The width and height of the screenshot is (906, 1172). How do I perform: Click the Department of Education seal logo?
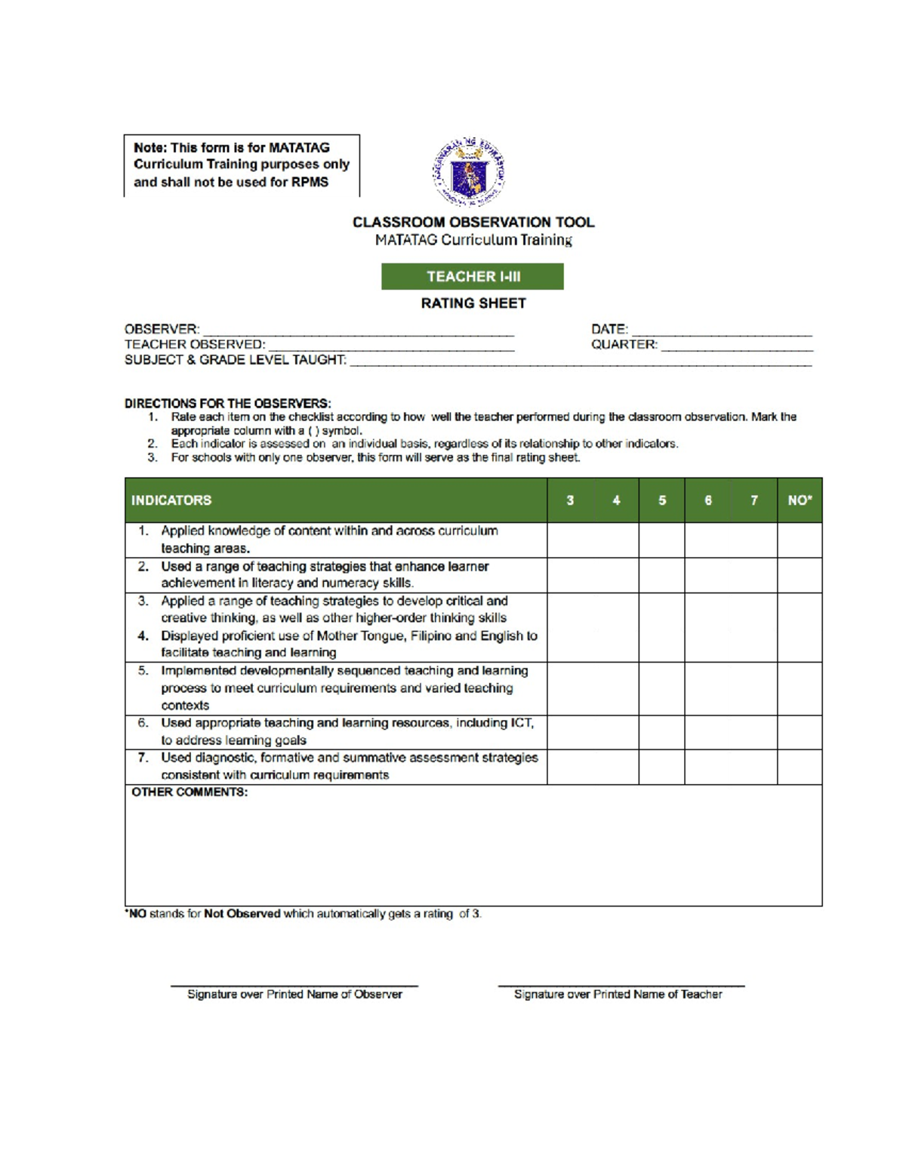point(469,172)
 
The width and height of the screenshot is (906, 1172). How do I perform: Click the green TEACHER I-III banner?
point(473,276)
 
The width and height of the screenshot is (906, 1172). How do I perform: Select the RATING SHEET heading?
point(473,303)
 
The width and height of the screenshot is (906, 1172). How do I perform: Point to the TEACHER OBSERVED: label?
point(195,344)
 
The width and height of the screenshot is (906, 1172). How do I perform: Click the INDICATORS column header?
point(171,500)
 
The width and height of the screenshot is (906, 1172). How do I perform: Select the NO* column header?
point(800,500)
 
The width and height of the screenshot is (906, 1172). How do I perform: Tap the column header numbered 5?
point(662,500)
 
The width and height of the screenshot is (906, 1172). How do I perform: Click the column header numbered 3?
point(570,500)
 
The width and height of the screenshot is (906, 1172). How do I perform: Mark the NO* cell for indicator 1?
point(800,540)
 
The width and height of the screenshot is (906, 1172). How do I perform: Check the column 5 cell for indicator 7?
point(662,767)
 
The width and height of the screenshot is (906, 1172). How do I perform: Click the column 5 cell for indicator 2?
point(662,575)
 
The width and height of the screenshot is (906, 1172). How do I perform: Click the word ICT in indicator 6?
point(521,723)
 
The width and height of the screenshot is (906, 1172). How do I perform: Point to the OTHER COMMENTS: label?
point(190,792)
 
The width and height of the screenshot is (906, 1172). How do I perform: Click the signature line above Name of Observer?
point(294,985)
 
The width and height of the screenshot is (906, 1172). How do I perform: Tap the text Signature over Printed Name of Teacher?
point(618,995)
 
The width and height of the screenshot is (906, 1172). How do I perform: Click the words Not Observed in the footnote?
point(242,914)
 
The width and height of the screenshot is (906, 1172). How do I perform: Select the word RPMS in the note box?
point(310,182)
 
